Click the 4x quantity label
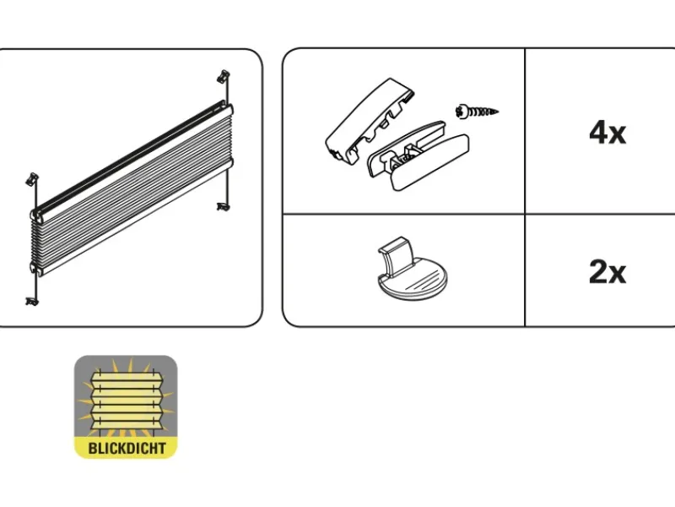pos(607,133)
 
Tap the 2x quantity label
pos(607,271)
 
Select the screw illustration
pos(477,112)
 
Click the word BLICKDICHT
pos(127,448)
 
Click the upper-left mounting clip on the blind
pos(32,179)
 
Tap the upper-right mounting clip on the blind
pos(224,76)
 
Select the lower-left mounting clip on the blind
pos(32,302)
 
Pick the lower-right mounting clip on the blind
pos(223,207)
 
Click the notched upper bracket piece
pos(370,121)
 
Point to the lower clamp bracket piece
pos(418,155)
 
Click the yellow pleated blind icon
pos(126,406)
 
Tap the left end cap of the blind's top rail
pos(36,215)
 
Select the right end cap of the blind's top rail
pos(228,109)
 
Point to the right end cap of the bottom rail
pos(229,163)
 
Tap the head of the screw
pos(460,112)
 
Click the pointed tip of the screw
pos(498,112)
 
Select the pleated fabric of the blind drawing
pos(133,189)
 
